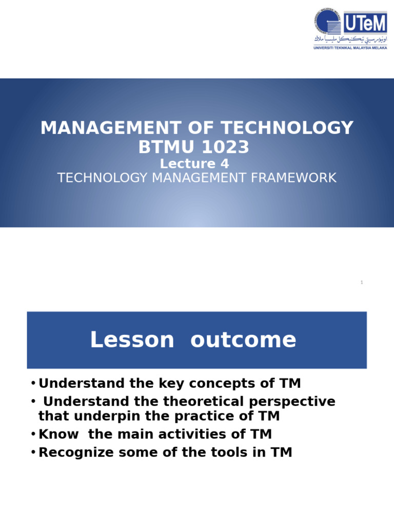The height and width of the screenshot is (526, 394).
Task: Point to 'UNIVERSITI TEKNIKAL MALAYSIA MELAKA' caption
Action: (350, 48)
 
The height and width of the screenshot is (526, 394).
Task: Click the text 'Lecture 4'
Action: (194, 164)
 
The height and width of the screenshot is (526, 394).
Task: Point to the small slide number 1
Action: (362, 283)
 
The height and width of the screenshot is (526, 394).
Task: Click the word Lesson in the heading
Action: (132, 340)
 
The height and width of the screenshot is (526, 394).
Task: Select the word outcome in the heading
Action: (243, 340)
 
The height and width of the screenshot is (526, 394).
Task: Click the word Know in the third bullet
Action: (58, 434)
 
